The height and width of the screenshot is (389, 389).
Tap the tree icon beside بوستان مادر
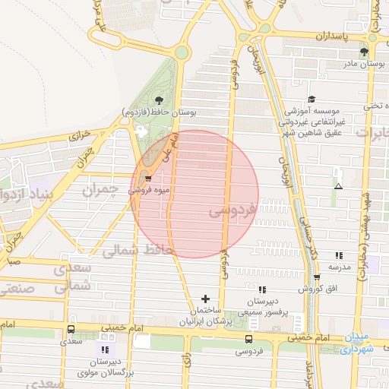365,52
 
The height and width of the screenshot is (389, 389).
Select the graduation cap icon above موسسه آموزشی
312,100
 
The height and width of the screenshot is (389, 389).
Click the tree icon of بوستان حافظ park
158,100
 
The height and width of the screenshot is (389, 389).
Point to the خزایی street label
81,135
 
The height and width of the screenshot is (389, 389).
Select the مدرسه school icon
338,255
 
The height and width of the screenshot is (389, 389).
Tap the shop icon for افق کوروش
317,277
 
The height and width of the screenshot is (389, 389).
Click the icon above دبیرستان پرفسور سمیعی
262,289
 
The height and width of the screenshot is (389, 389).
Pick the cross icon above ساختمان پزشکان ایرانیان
205,299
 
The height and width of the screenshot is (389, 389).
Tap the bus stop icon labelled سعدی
71,330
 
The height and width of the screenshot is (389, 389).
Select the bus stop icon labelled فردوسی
249,338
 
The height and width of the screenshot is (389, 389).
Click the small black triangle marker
338,186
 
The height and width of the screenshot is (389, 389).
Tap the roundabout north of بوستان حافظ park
181,52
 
